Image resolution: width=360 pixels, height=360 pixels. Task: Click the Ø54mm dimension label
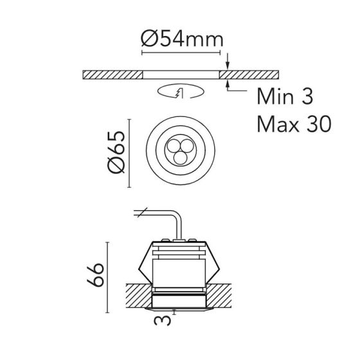pos(182,39)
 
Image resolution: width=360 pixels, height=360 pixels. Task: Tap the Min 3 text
pos(285,96)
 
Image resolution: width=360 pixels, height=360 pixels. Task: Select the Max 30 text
pos(294,123)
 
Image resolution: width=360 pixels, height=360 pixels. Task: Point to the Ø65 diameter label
pos(116,152)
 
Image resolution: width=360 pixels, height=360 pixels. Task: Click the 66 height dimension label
pos(95,275)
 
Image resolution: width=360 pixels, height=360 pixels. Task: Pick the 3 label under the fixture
pos(162,321)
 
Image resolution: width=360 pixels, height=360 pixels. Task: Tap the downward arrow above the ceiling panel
pos(228,61)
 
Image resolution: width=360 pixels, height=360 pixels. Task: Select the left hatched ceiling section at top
pos(113,75)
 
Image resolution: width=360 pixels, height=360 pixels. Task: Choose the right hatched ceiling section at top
pos(249,75)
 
